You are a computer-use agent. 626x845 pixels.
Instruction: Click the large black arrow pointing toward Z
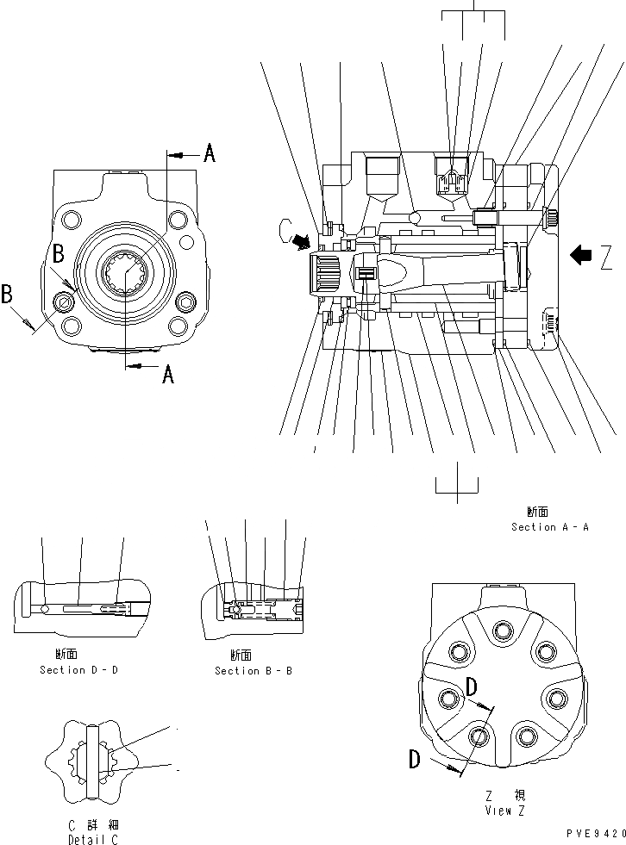tap(582, 253)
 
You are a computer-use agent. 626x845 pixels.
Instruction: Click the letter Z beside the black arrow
tap(608, 256)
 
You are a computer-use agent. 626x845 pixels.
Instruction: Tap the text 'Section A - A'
tap(549, 526)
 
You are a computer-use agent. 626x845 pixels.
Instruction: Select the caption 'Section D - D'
tap(78, 670)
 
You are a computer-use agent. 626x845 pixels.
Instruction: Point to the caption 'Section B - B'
tap(254, 670)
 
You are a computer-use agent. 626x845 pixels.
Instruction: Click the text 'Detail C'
tap(92, 839)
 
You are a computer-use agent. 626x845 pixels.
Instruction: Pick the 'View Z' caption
tap(504, 810)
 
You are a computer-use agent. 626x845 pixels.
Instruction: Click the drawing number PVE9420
tap(596, 834)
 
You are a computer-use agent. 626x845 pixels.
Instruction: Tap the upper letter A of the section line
tap(209, 155)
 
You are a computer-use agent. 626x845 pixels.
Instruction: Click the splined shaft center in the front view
tap(125, 275)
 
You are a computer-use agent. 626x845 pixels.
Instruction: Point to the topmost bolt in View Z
tap(503, 632)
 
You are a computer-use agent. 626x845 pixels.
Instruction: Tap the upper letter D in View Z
tap(472, 687)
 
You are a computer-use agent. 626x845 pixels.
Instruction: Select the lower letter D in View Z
tap(415, 760)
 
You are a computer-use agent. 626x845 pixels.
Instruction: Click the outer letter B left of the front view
tap(8, 294)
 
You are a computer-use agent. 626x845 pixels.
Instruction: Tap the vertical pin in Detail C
tap(93, 758)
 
